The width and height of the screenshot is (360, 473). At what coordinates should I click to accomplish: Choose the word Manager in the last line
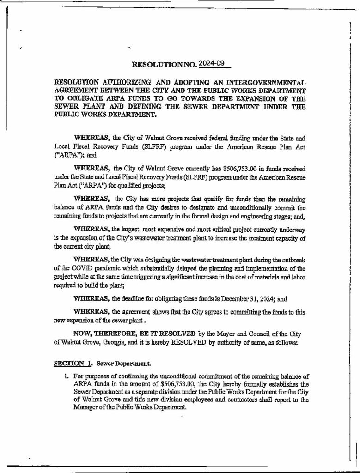coord(85,409)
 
